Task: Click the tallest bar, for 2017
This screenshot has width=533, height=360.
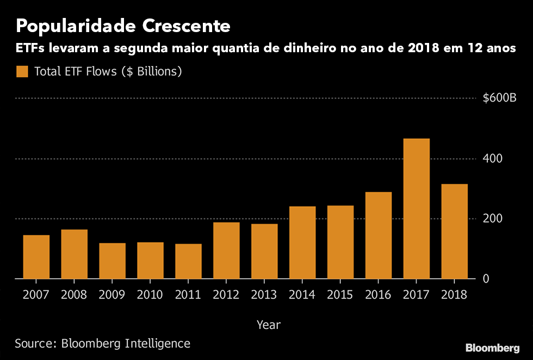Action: coord(416,209)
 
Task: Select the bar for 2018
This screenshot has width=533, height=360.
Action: coord(454,231)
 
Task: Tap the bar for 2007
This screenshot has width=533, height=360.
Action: coord(36,257)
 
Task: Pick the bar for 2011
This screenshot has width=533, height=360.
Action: coord(188,261)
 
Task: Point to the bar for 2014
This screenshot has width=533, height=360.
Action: coord(302,243)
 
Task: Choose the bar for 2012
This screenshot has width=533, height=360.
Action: coord(226,250)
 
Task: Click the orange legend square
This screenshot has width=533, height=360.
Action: coord(22,71)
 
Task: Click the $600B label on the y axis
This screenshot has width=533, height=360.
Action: coord(499,98)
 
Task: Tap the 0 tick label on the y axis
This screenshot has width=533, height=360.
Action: coord(487,279)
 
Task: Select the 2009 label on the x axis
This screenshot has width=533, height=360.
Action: coord(112,295)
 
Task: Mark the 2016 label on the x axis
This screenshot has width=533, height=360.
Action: coord(378,295)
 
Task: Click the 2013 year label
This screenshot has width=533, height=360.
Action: coord(264,295)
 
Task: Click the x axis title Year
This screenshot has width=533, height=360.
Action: coord(269,325)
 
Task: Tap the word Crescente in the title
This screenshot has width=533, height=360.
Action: coord(187,26)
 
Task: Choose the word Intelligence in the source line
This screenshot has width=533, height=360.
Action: coord(158,343)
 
